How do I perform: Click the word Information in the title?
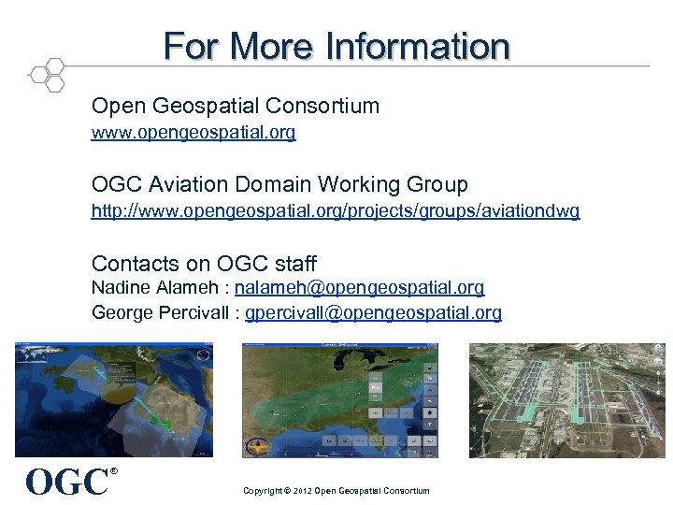point(418,46)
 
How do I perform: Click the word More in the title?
point(272,46)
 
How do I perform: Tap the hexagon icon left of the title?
point(47,75)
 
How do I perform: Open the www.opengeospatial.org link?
point(193,133)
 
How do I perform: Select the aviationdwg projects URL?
point(335,211)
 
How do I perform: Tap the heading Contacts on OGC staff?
point(204,264)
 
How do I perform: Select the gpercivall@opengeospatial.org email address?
point(373,312)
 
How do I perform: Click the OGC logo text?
point(66,483)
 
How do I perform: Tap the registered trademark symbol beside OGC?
point(114,471)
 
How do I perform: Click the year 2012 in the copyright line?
point(302,491)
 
